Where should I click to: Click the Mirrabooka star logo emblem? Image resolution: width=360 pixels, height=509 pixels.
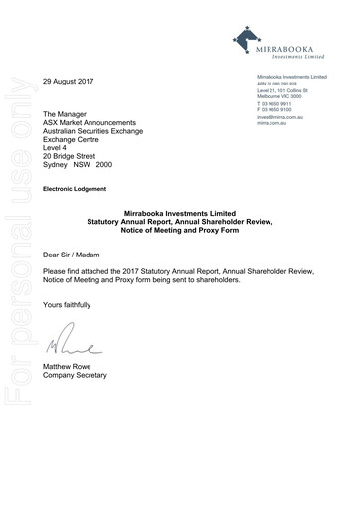click(x=246, y=39)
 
